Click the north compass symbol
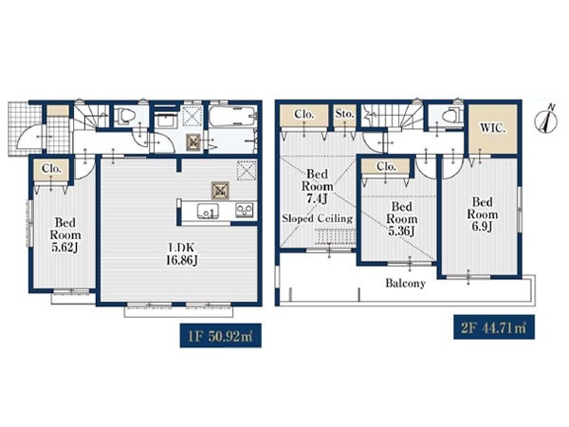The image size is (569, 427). coord(547,120)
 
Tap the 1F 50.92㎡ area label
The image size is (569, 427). coord(221,336)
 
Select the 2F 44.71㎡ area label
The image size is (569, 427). coord(494,327)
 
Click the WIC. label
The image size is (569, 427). coord(491,128)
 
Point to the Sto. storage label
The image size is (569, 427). coord(344,114)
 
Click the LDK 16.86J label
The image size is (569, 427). coord(181,253)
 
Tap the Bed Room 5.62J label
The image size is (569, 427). coord(65,234)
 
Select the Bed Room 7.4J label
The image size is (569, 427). coord(317,186)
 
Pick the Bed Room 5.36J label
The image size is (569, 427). coord(401,218)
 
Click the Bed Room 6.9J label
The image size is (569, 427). coord(483,214)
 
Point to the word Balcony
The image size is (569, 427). coord(405,283)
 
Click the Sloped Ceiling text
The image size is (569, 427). coord(318,218)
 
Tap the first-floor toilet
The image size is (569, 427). coord(125,117)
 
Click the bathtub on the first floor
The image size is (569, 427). coord(232,116)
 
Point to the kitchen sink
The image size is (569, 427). coord(208,212)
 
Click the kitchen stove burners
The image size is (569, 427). coord(245,211)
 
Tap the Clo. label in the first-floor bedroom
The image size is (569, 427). coord(51,169)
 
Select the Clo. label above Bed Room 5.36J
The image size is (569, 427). coord(386,167)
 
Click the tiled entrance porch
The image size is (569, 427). coord(26,129)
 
